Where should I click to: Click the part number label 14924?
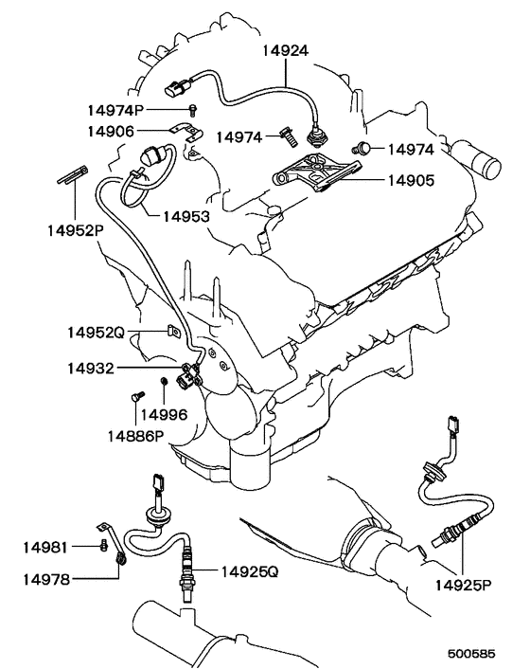(285, 51)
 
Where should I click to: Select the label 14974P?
(115, 110)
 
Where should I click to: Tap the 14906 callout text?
(111, 132)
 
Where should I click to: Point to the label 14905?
(411, 180)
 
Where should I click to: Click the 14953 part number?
(186, 217)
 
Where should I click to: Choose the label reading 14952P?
(76, 231)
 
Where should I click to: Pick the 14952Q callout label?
(96, 332)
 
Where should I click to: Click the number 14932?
(91, 369)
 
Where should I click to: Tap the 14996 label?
(164, 414)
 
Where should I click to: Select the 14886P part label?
(135, 436)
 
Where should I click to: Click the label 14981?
(45, 547)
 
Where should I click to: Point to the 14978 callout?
(46, 579)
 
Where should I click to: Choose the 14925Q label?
(250, 571)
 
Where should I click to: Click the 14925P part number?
(464, 585)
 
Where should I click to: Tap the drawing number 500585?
(471, 654)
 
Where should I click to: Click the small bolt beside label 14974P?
(193, 111)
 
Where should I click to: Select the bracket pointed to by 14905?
(317, 172)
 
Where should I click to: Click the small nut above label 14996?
(163, 381)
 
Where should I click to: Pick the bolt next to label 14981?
(103, 546)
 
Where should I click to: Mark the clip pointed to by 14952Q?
(173, 331)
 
